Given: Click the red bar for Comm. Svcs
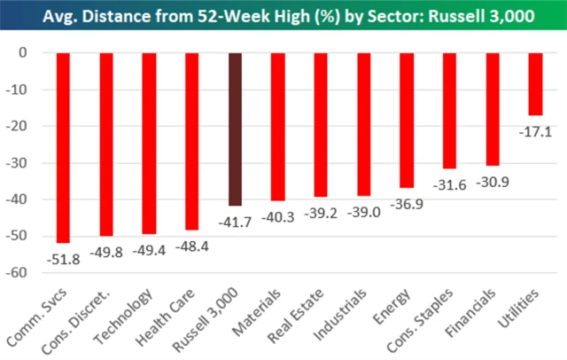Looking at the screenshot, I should [63, 147].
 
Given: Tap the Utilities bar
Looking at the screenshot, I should [535, 84].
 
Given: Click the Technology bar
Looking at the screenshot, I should [149, 143].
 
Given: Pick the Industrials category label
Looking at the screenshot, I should [346, 310].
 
